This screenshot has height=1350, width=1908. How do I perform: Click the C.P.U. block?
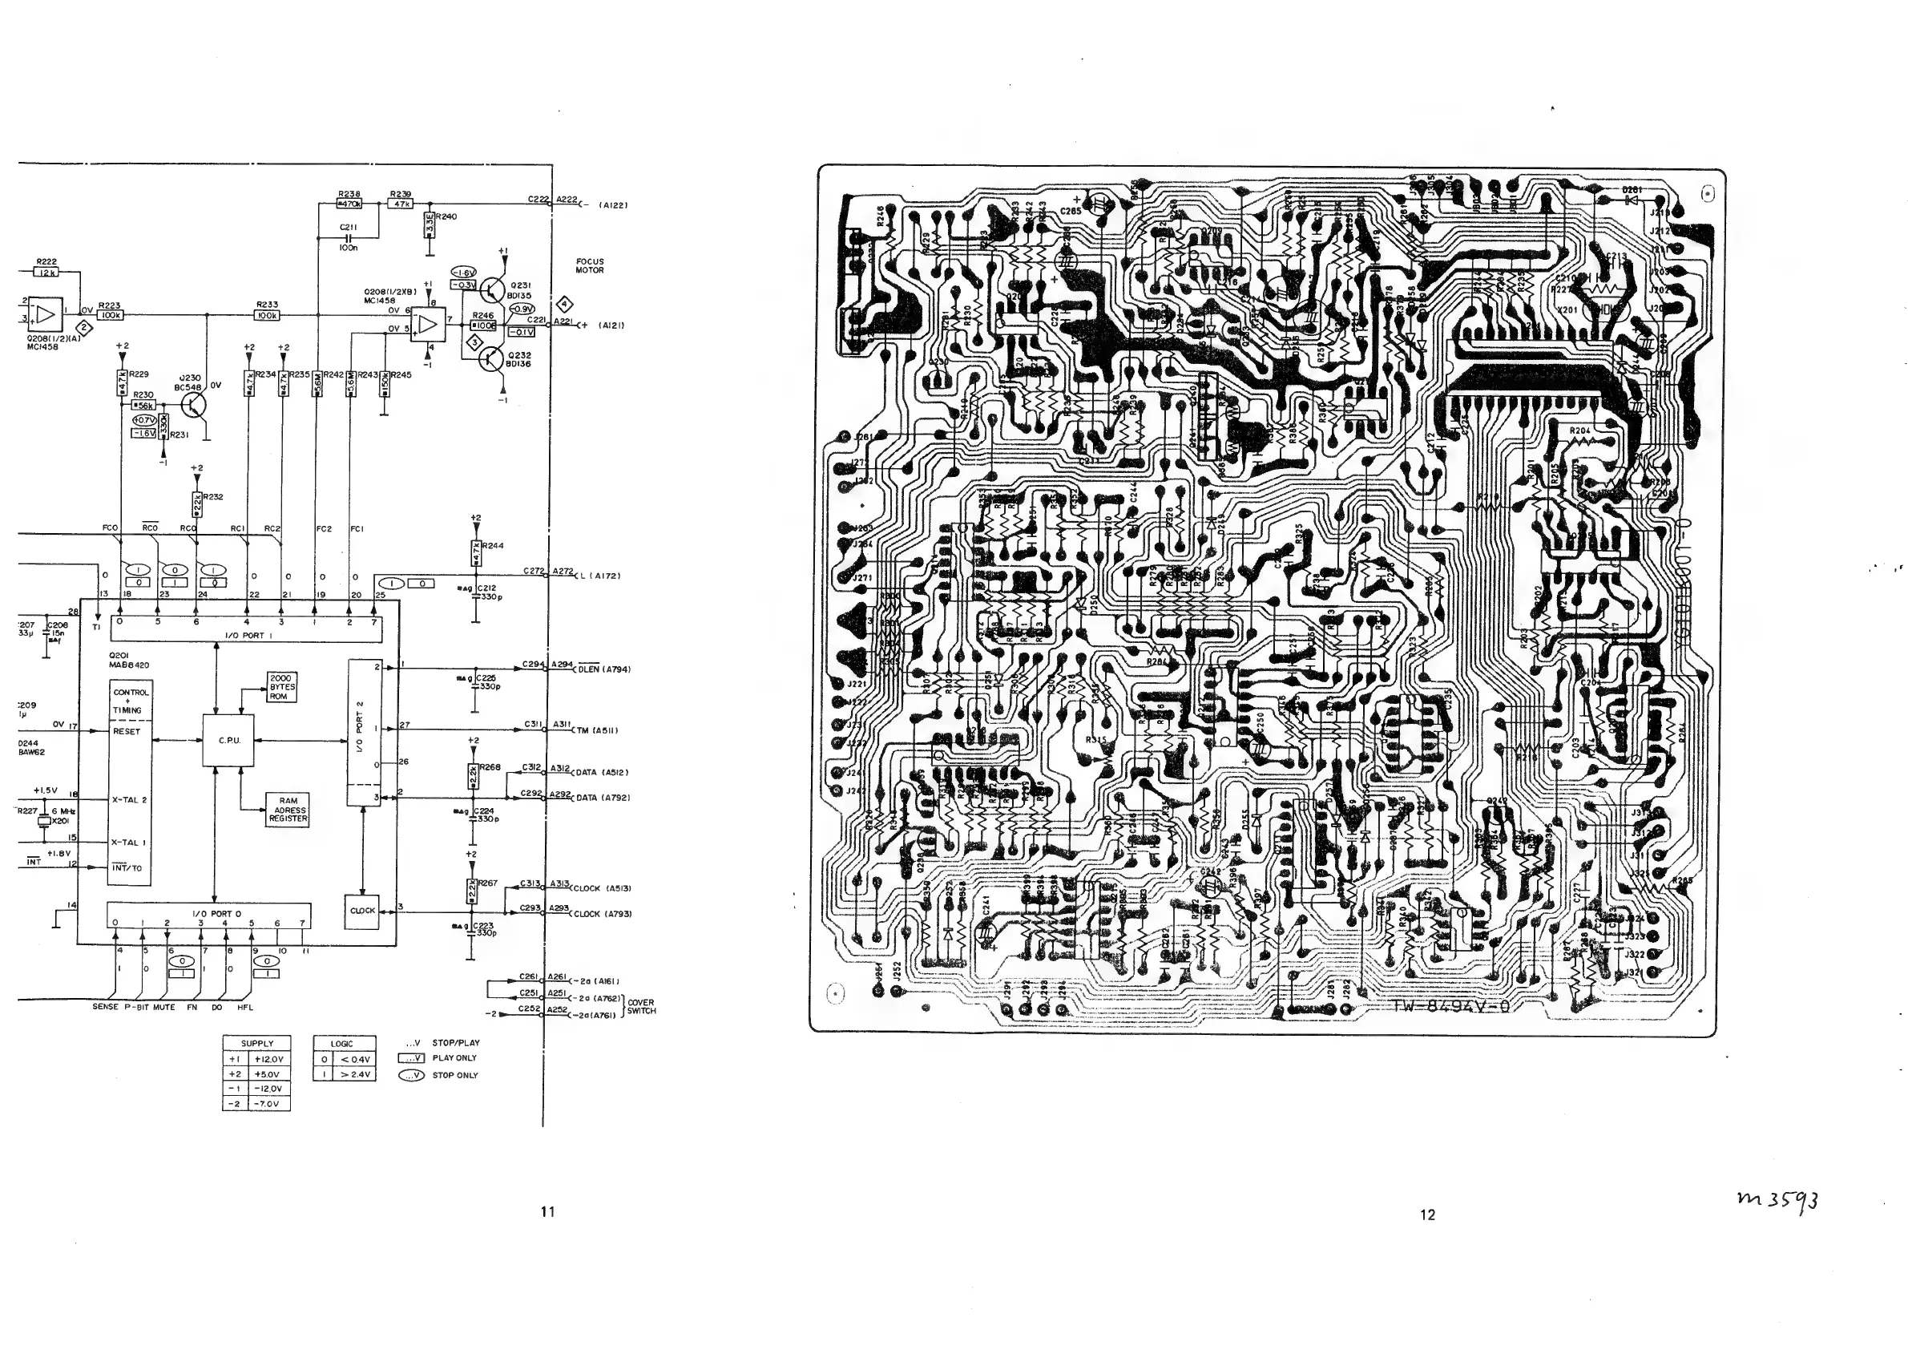228,740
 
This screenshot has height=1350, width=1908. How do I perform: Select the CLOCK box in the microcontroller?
362,910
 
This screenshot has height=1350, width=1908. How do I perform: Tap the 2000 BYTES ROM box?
282,688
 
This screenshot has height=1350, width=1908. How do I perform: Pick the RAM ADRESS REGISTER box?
288,810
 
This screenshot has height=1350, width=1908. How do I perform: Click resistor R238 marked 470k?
349,204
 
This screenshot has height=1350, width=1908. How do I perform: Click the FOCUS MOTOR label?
589,266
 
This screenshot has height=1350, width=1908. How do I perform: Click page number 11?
547,1212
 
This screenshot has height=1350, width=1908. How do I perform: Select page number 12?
1427,1215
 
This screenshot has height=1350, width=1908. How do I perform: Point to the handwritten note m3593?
1777,1199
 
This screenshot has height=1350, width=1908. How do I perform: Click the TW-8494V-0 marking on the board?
1451,1008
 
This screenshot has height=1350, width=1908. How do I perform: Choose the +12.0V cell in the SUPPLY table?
269,1059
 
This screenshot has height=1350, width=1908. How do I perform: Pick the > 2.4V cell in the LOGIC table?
354,1074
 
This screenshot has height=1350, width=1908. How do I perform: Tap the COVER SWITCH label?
641,1007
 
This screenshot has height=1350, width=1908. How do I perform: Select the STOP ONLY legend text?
454,1076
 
